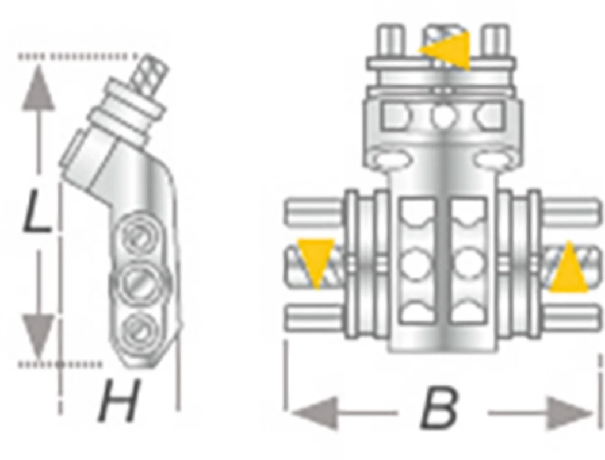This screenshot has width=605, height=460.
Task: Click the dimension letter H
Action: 118,400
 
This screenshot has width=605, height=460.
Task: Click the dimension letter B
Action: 439,409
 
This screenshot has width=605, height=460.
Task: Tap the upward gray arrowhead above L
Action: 38,87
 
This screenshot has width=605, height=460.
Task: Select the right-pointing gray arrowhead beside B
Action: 570,413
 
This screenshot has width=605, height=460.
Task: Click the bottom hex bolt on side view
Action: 139,331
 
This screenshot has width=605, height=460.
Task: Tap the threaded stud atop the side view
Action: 150,76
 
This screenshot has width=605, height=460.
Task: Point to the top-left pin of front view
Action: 391,40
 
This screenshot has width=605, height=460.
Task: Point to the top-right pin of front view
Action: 497,40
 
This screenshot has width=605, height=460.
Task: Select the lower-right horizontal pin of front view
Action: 571,318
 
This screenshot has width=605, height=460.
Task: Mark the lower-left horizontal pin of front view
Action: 314,318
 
